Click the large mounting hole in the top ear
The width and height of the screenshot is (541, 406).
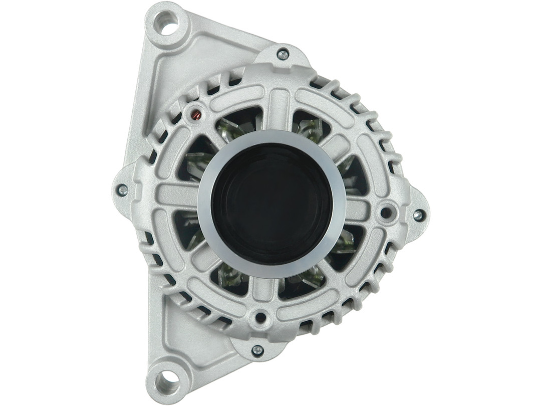168,23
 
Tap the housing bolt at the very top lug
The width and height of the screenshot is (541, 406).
283,55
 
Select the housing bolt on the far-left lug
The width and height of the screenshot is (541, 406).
122,190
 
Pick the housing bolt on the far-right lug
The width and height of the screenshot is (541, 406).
417,215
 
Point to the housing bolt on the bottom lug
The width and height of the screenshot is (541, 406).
257,350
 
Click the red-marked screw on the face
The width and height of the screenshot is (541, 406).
196,116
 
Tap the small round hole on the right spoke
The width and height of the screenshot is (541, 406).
386,212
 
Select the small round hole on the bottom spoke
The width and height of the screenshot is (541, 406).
260,317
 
